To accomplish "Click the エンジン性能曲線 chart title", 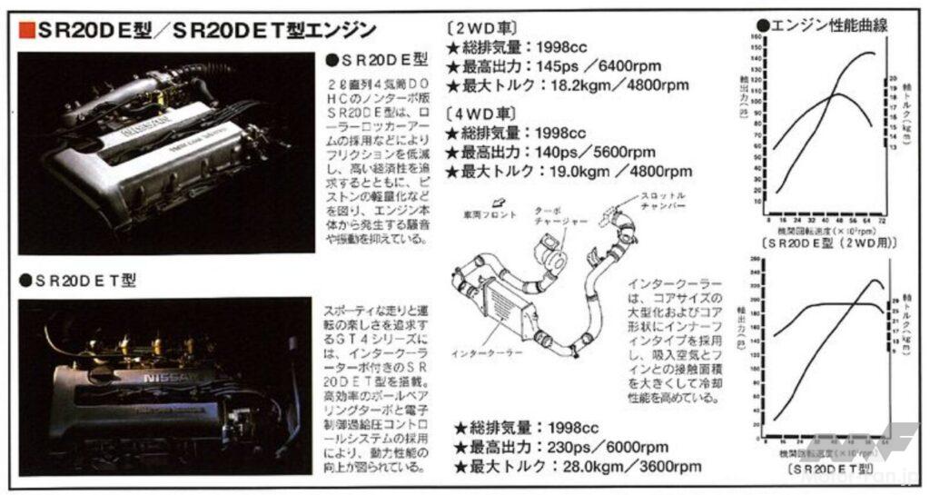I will [826, 25].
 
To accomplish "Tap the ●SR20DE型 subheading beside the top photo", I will [375, 60].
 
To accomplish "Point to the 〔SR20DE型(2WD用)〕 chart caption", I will [824, 243].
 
